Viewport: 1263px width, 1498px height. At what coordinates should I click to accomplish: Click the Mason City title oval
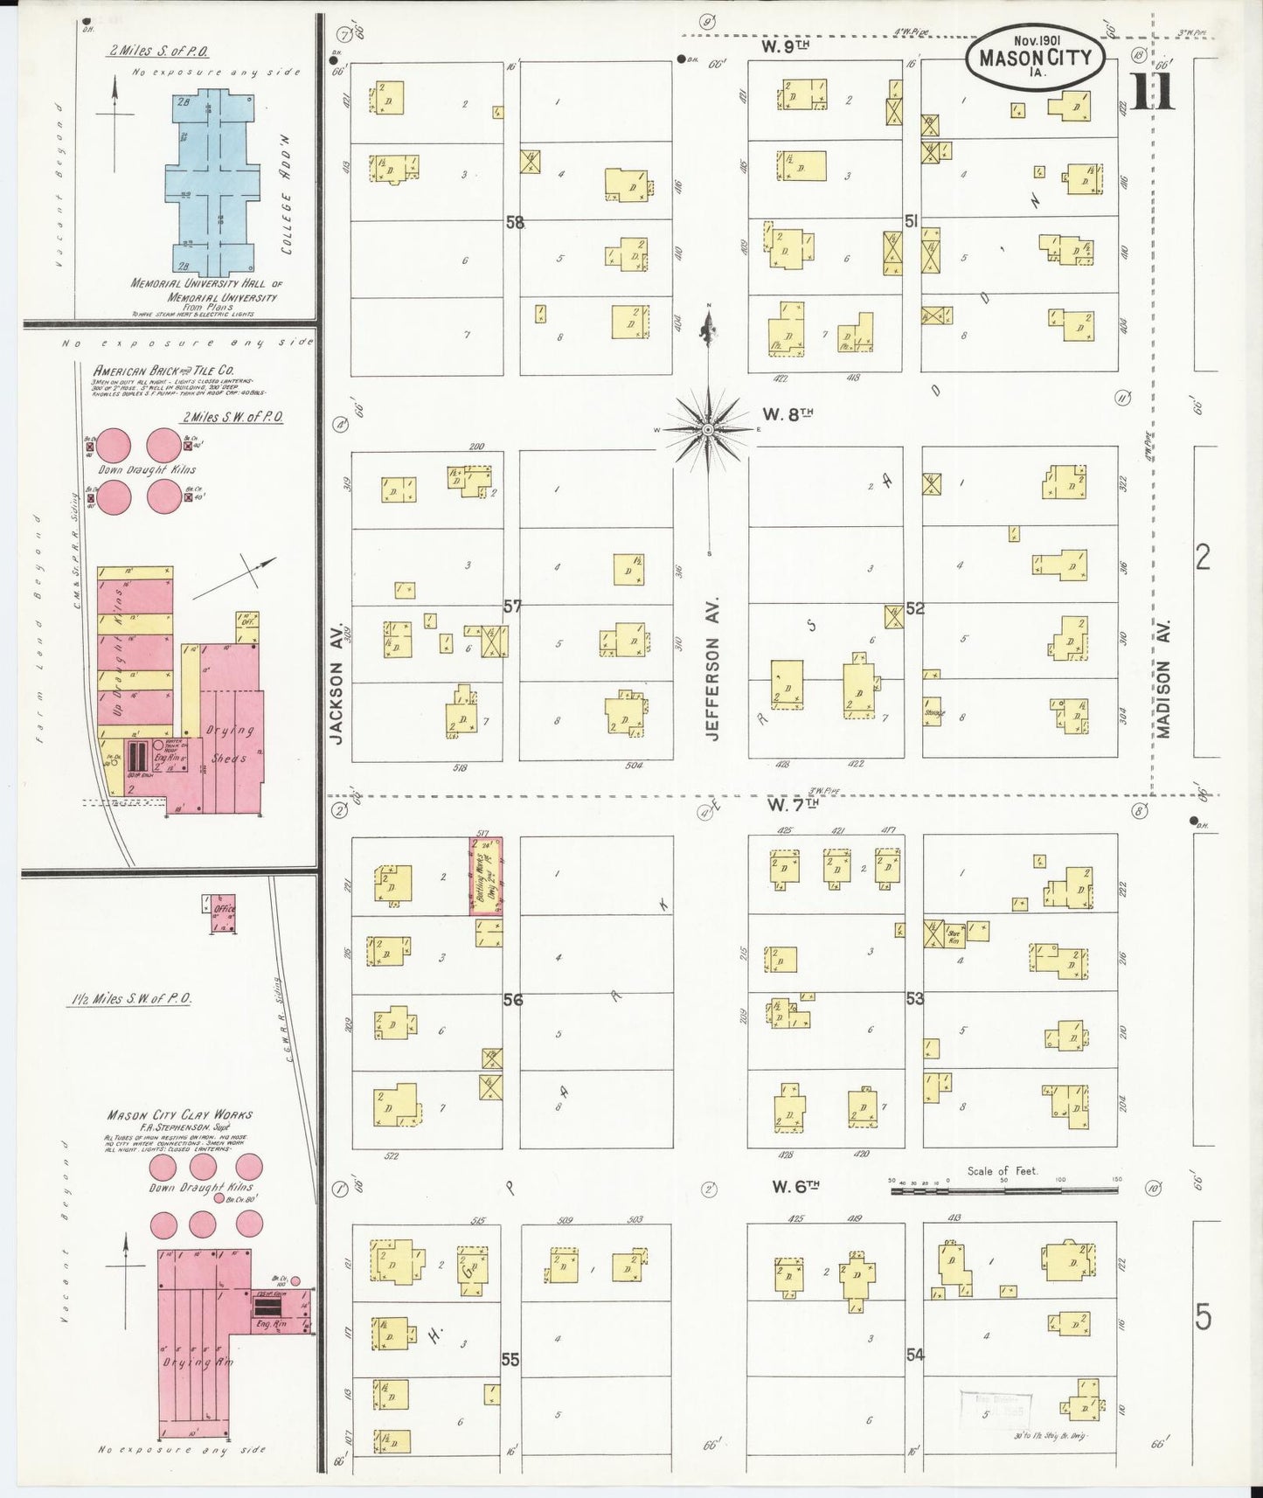[1035, 57]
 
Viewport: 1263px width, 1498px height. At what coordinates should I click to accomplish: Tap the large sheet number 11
[1152, 93]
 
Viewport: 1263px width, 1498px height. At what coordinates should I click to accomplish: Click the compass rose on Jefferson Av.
[708, 429]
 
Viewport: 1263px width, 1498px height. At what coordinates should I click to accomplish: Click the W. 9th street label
[781, 46]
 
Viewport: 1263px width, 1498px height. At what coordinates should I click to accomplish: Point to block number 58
[515, 223]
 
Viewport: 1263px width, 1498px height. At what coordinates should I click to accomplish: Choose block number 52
[914, 608]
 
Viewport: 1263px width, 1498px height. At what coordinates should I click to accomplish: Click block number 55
[510, 1360]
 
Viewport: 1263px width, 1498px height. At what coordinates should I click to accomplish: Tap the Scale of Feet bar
[1003, 1189]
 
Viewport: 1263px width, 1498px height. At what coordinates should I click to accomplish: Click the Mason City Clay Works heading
[179, 1115]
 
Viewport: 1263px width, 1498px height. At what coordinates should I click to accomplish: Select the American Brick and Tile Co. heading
[163, 371]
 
